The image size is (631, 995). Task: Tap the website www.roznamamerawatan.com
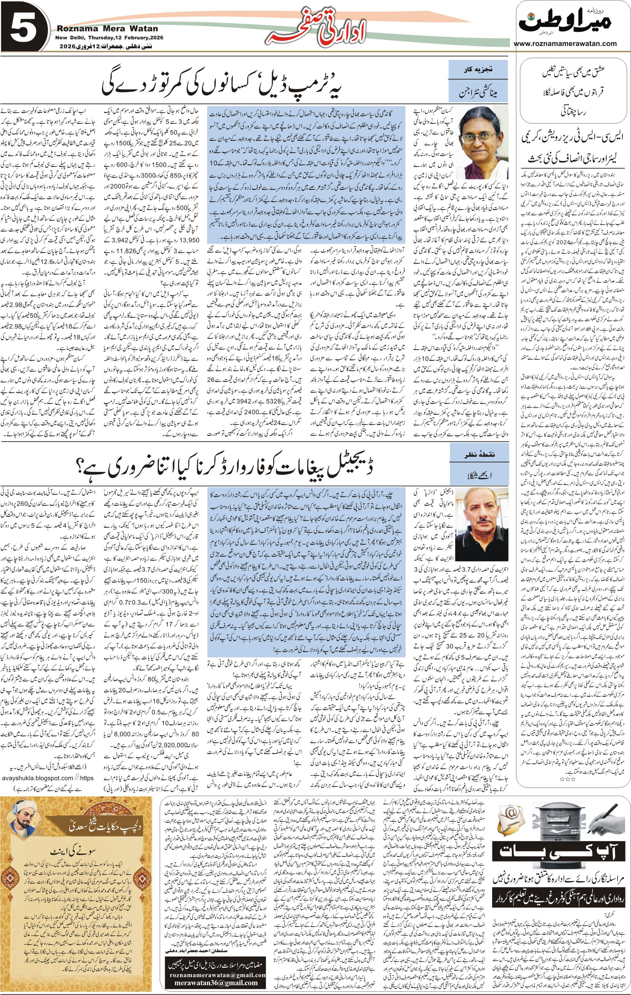coord(565,43)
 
